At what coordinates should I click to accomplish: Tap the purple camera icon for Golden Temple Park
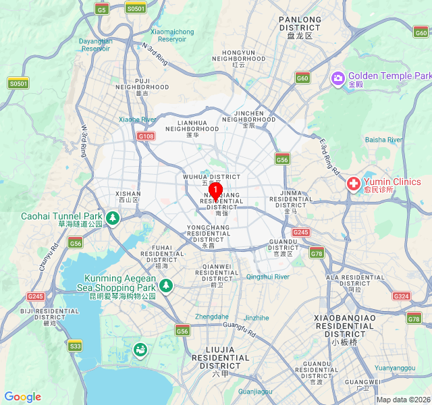tap(337, 79)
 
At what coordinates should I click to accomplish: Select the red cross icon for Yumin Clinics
tap(353, 184)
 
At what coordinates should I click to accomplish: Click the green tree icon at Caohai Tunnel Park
tap(113, 218)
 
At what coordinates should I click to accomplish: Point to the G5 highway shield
tap(102, 9)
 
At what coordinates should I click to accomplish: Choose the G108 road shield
tap(146, 136)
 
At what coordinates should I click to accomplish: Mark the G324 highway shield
tap(401, 296)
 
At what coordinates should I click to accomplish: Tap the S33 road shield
tap(75, 346)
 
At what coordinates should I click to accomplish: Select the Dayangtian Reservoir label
tap(95, 45)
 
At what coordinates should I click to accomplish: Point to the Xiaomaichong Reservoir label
tap(172, 35)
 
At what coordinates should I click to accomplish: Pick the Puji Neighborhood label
tap(142, 87)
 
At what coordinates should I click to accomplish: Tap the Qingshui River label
tap(268, 277)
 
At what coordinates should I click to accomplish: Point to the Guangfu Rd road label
tap(240, 329)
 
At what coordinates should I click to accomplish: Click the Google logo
tap(22, 397)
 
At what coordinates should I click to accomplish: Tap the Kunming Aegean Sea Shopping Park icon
tap(166, 286)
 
